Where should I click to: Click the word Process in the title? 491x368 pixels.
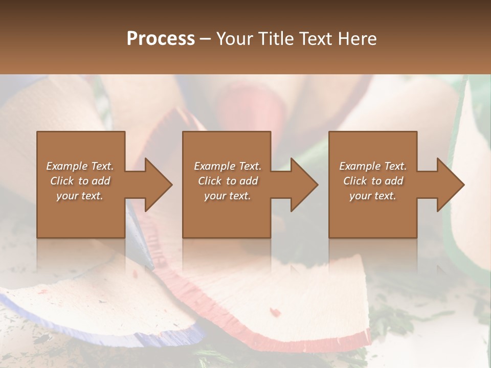tap(161, 39)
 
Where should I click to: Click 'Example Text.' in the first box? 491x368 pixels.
tap(80, 166)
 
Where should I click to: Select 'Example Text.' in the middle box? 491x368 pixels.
tap(227, 166)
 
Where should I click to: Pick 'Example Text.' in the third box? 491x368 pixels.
tap(373, 166)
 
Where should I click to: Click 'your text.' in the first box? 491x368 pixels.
tap(80, 196)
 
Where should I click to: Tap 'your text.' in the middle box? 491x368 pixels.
tap(227, 196)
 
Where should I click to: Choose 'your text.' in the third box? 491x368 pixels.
tap(373, 196)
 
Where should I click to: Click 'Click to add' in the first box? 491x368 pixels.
tap(80, 181)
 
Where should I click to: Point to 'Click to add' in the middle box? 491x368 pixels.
tap(227, 181)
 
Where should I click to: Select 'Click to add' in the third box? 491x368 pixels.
tap(373, 181)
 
